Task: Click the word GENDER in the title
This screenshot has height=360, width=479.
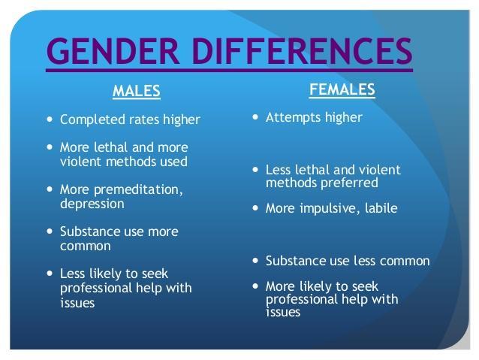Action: tap(113, 51)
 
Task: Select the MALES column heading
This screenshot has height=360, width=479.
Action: tap(136, 91)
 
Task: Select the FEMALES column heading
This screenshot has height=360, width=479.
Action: tap(342, 89)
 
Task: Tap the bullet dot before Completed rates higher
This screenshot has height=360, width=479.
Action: tap(50, 119)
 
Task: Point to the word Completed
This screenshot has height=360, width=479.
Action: tap(93, 120)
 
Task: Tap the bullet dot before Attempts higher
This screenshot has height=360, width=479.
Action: tap(255, 116)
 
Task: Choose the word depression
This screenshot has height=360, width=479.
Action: tap(92, 204)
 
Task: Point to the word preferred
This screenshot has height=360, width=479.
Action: tap(349, 183)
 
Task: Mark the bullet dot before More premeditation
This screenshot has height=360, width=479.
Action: tap(50, 189)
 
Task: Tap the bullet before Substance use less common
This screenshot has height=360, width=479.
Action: tap(255, 261)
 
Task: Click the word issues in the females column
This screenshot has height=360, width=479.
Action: tap(283, 313)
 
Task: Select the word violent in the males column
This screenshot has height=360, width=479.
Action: tap(80, 162)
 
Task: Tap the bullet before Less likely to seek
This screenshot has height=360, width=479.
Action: tap(50, 273)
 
